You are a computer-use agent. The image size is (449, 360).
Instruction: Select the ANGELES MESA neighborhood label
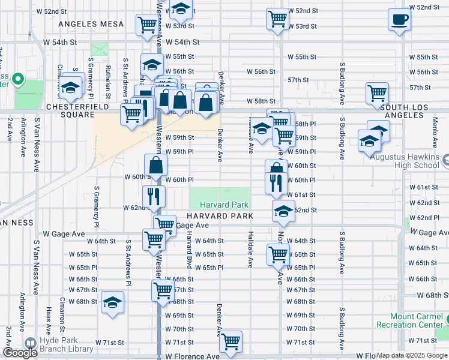click(x=91, y=24)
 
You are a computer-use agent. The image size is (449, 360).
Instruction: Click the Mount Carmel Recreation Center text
click(x=412, y=320)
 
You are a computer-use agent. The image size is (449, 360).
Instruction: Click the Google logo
click(x=20, y=353)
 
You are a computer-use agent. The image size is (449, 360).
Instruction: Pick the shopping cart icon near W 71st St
click(x=231, y=342)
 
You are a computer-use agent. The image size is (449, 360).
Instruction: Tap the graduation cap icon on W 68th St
click(x=112, y=303)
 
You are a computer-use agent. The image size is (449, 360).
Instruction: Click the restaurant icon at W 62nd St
click(x=153, y=196)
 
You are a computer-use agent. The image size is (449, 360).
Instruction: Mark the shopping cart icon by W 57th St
click(x=377, y=93)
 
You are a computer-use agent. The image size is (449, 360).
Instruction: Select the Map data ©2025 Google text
click(x=412, y=355)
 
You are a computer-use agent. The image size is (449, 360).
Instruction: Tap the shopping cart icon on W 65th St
click(x=278, y=255)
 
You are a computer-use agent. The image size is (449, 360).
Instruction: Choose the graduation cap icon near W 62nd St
click(x=283, y=211)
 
